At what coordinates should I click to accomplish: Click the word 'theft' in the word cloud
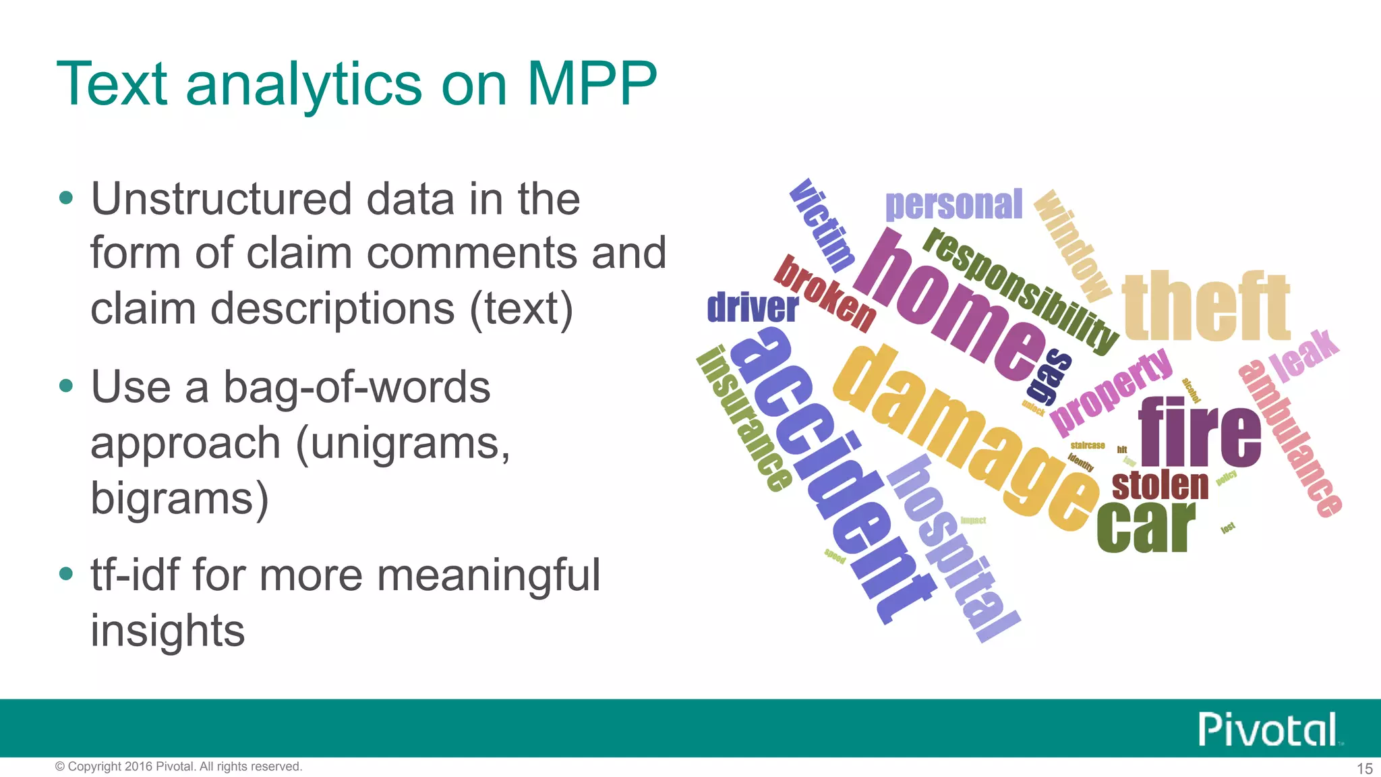[x=1206, y=307]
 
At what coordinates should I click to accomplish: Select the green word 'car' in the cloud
[x=1146, y=527]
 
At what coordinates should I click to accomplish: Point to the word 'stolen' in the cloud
[x=1160, y=486]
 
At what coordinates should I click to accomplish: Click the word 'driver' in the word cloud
[x=753, y=308]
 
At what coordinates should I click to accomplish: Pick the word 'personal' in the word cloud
[x=953, y=205]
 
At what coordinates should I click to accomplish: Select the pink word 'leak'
[x=1304, y=355]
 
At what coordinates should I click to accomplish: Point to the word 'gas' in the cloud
[x=1049, y=374]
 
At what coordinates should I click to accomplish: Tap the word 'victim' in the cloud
[x=822, y=225]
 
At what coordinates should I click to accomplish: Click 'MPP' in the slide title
[x=591, y=84]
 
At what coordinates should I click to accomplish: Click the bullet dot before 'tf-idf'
[x=65, y=574]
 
